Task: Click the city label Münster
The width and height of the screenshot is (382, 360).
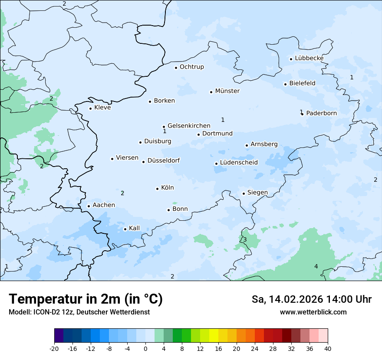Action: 227,91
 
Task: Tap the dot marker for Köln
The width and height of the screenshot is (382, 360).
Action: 157,189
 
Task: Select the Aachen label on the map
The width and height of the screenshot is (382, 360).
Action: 104,205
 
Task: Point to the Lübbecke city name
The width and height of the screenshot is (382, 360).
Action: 309,58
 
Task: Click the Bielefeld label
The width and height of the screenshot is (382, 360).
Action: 302,83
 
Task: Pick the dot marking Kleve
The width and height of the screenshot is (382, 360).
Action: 90,108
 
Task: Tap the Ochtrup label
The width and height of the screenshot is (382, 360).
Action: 191,67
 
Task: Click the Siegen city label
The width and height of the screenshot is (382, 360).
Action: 257,193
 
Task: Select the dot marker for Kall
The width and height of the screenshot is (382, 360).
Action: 125,229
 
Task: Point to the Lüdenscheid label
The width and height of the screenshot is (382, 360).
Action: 239,163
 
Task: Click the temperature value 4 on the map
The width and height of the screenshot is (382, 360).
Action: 316,266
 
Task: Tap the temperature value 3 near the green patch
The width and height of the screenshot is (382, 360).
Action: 245,240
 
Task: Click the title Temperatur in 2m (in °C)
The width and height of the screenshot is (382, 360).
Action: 86,299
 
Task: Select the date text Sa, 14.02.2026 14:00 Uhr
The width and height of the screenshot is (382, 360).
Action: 312,299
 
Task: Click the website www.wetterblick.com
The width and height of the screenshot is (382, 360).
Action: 313,312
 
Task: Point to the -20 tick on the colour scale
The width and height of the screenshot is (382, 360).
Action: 54,348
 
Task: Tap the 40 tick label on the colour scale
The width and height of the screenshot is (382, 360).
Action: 328,348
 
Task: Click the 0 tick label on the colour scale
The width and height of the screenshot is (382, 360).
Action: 145,348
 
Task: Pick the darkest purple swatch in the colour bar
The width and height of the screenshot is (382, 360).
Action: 59,336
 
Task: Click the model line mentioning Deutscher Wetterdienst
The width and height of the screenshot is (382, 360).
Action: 79,312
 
